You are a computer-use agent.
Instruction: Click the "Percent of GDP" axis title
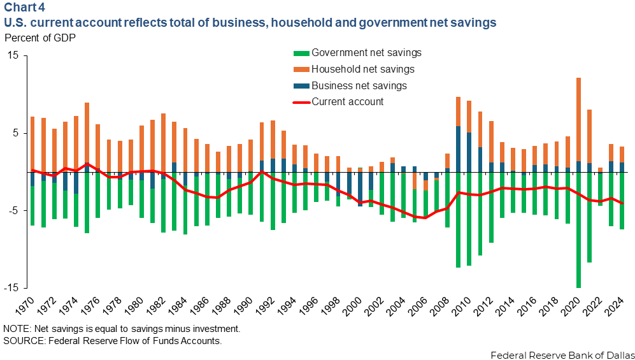tap(39, 37)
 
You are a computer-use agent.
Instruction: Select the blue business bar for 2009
tap(458, 149)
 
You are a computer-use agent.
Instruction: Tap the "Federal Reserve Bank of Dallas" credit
tap(562, 354)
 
